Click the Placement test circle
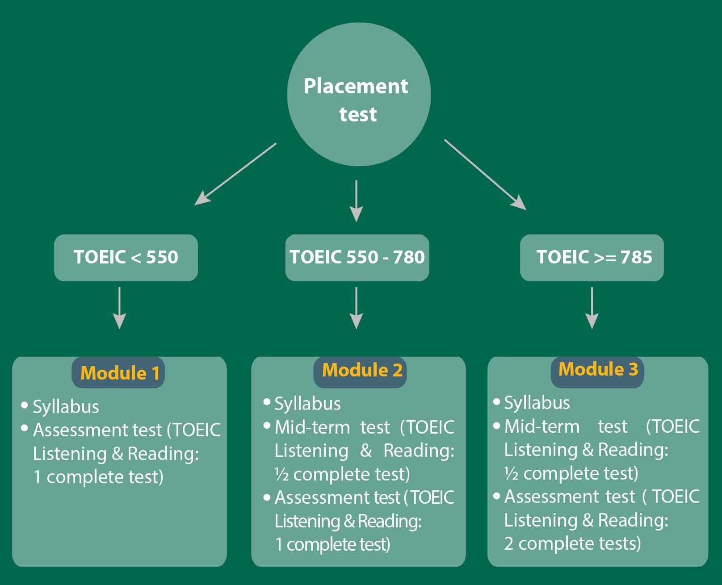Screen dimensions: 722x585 pyautogui.click(x=359, y=94)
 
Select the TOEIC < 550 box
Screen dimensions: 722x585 pyautogui.click(x=126, y=257)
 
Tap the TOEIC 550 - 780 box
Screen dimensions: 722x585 pyautogui.click(x=357, y=257)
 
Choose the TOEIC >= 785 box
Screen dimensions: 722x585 pyautogui.click(x=592, y=257)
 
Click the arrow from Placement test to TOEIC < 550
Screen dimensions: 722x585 pyautogui.click(x=235, y=174)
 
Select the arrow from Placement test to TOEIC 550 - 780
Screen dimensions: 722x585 pyautogui.click(x=356, y=201)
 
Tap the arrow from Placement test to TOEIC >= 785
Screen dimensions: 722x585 pyautogui.click(x=485, y=175)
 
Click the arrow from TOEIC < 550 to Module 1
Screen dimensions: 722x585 pyautogui.click(x=119, y=308)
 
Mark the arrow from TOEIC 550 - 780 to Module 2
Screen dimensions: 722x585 pyautogui.click(x=356, y=308)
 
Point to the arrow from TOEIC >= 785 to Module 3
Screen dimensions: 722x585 pyautogui.click(x=592, y=308)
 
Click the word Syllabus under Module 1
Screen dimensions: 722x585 pyautogui.click(x=66, y=407)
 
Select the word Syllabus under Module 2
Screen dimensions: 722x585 pyautogui.click(x=308, y=404)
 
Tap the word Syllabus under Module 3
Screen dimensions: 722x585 pyautogui.click(x=537, y=403)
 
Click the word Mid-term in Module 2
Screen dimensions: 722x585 pyautogui.click(x=312, y=427)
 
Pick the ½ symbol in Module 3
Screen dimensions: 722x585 pyautogui.click(x=511, y=473)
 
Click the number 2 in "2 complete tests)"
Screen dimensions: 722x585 pyautogui.click(x=508, y=543)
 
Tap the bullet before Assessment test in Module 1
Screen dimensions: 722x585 pyautogui.click(x=25, y=428)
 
